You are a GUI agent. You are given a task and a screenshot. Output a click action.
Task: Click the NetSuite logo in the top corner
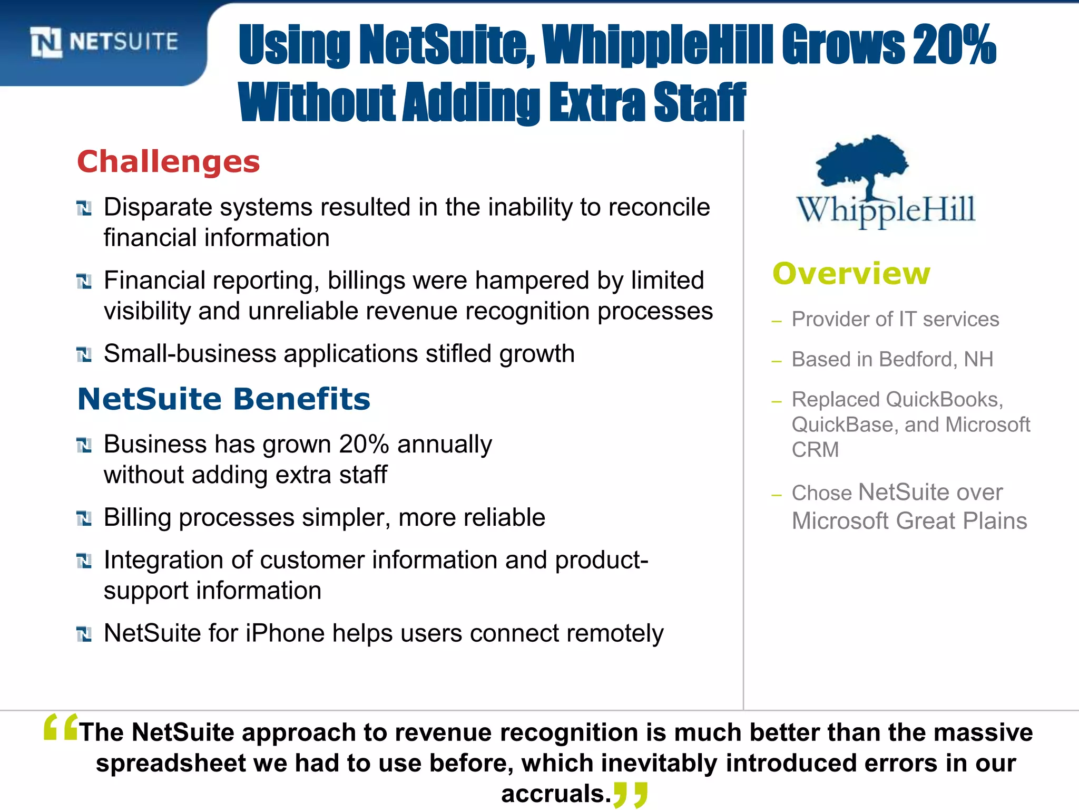click(104, 42)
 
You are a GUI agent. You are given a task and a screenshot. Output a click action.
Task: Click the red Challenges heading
click(169, 161)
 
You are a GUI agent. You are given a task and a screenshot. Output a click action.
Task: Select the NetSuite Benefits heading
click(224, 399)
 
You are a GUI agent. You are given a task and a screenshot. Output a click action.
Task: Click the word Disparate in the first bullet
click(158, 207)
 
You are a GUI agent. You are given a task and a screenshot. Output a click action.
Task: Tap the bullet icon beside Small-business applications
click(84, 355)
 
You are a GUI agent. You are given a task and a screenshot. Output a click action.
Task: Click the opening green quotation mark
click(61, 727)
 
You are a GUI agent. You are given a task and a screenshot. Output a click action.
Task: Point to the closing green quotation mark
click(631, 794)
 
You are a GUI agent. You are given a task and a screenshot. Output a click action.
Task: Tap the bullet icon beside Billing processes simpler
click(84, 519)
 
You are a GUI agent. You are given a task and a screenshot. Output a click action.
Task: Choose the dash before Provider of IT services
click(776, 321)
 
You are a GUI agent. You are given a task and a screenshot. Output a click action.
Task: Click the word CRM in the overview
click(815, 450)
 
